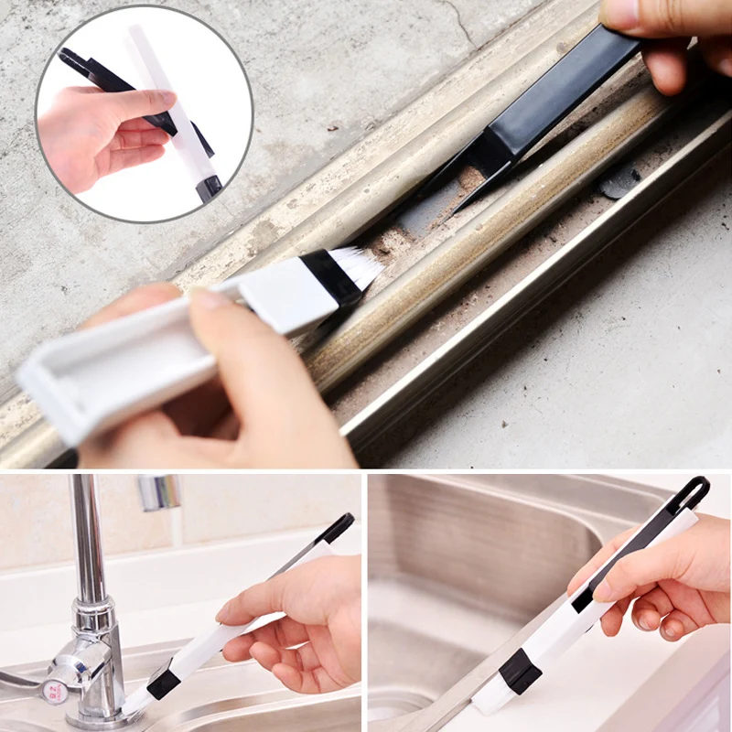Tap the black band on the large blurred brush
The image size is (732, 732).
pos(330,277)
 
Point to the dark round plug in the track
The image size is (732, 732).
pos(619,182)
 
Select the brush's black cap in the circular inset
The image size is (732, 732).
pos(209,188)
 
